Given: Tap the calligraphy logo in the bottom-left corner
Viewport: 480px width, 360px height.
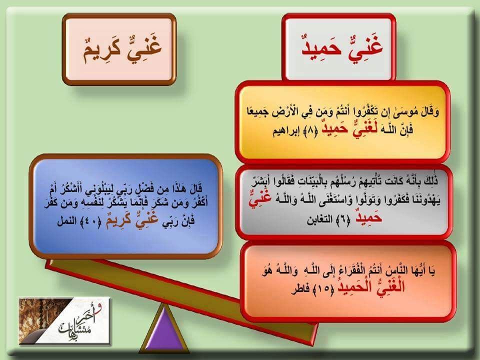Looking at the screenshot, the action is (x=65, y=320).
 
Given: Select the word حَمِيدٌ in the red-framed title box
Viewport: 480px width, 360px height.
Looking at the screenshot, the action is (x=321, y=49).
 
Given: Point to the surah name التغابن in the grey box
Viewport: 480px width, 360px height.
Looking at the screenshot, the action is (x=320, y=219).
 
